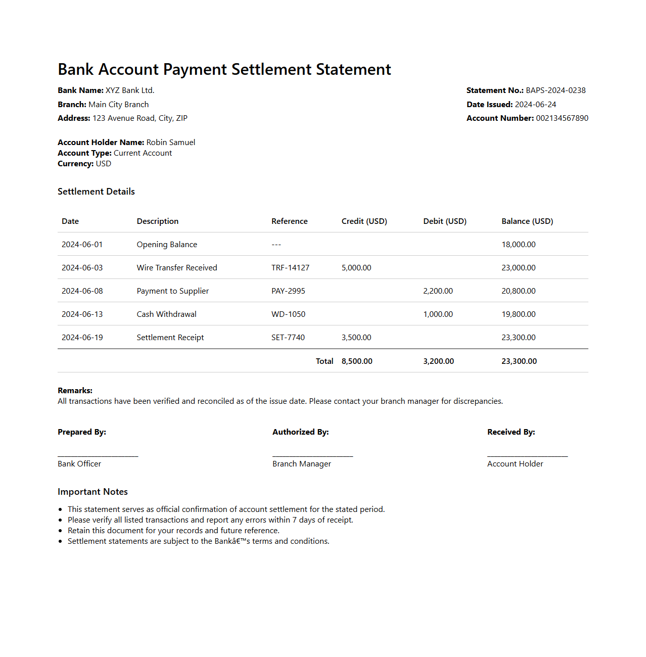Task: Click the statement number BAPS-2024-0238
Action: click(556, 90)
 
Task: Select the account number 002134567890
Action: click(562, 118)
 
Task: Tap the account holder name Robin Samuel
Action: click(170, 143)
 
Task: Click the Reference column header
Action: click(289, 221)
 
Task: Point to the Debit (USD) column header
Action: click(445, 221)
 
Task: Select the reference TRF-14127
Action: click(290, 268)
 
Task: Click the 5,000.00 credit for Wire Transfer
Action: click(356, 268)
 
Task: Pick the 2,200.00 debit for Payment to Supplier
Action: click(438, 291)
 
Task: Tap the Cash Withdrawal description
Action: click(166, 314)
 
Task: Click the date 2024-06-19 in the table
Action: click(82, 338)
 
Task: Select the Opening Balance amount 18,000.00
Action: click(518, 245)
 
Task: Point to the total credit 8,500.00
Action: click(357, 361)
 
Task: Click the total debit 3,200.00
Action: click(438, 361)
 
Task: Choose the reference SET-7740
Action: click(288, 338)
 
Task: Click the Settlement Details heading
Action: click(96, 192)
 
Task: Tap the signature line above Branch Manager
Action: click(312, 455)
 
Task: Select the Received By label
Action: click(511, 432)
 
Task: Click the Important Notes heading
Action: click(93, 492)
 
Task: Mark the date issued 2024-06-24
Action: click(535, 105)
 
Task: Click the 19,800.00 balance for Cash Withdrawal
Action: click(518, 314)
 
